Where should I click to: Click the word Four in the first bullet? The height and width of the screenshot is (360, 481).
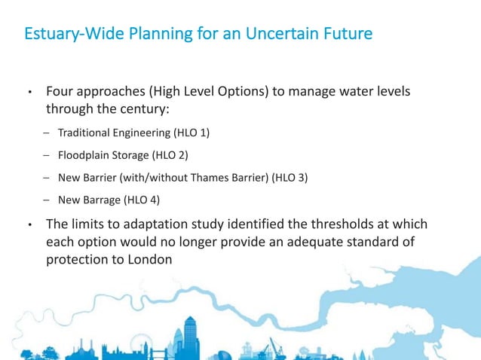(60, 92)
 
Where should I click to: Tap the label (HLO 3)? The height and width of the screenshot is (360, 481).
(290, 178)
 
